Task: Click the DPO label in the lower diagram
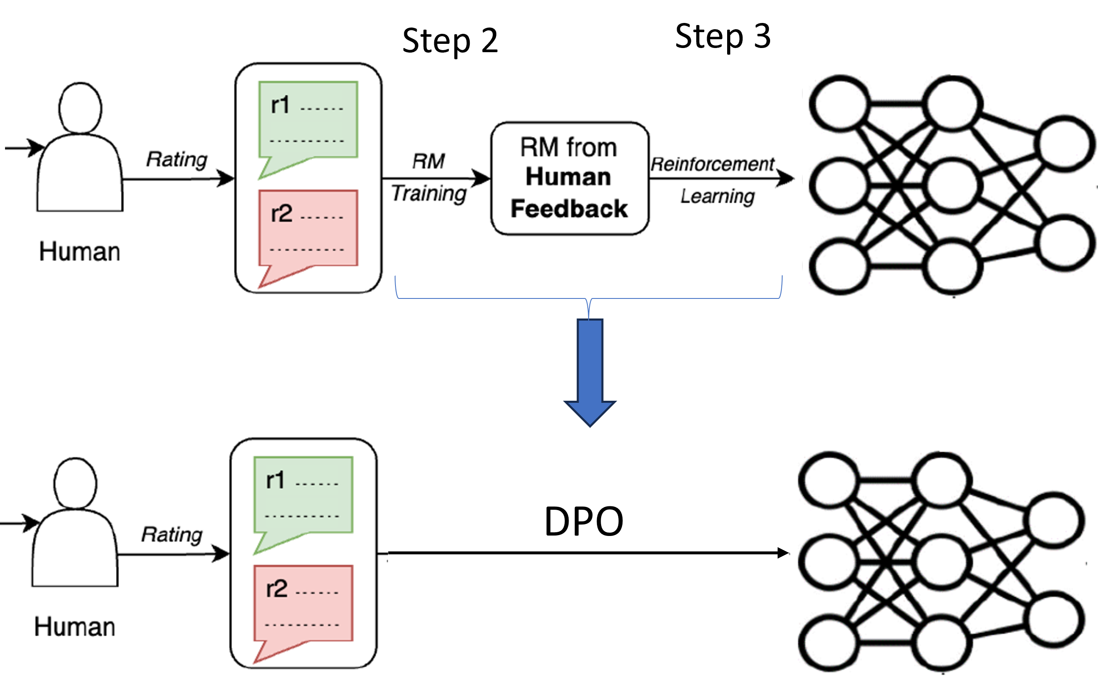coord(584,521)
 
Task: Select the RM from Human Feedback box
coord(569,178)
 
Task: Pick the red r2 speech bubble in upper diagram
coord(308,229)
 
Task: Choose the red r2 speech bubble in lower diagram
coord(303,604)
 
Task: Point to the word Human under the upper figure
coord(80,251)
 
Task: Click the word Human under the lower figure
coord(75,627)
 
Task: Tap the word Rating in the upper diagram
coord(176,159)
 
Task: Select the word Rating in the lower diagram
coord(171,535)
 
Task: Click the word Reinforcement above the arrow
coord(712,164)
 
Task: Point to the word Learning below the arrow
coord(717,197)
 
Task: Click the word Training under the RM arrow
coord(428,193)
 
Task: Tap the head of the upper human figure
coord(80,108)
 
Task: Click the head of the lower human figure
coord(75,483)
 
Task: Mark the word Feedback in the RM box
coord(569,209)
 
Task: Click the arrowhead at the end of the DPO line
coord(783,553)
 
